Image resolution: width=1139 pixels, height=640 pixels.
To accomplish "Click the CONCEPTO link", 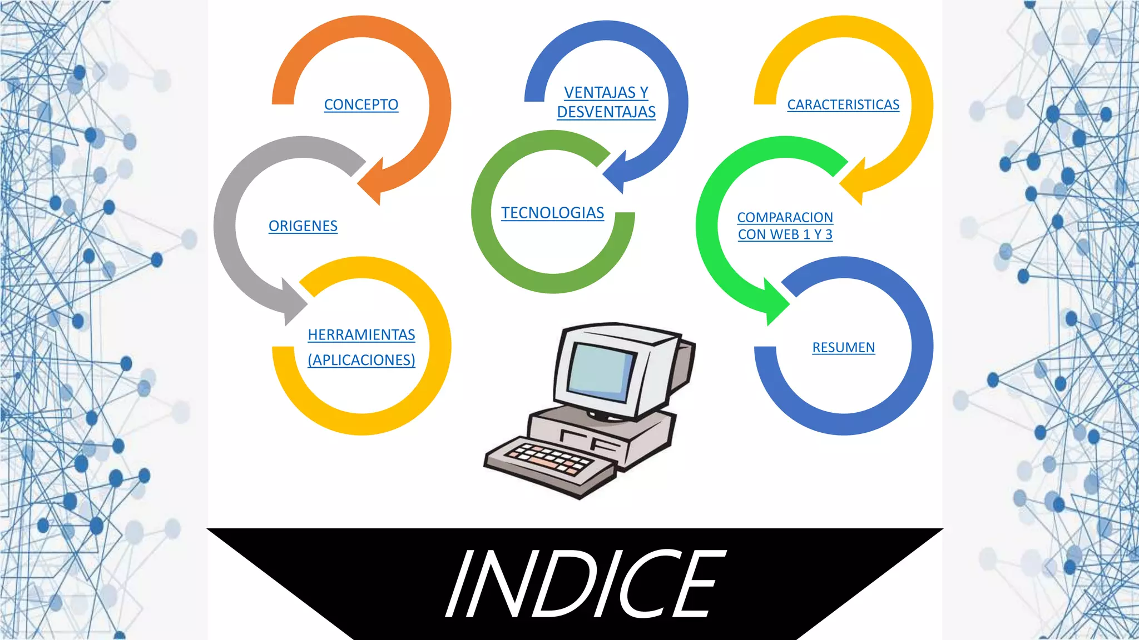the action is pos(361,104).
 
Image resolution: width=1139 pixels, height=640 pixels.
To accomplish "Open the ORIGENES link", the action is pos(303,226).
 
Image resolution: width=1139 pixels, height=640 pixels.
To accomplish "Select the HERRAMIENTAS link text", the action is pos(361,334).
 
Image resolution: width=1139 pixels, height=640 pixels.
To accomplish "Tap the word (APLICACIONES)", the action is pos(361,360).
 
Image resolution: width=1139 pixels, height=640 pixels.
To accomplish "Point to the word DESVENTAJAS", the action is pos(606,112).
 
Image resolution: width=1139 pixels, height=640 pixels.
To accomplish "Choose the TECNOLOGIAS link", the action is pos(552,213).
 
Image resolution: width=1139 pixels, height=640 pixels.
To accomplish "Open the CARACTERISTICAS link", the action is pos(843,104).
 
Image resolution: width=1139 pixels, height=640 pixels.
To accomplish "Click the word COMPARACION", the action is pos(785,217).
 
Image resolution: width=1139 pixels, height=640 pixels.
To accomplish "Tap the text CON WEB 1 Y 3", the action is pos(785,234).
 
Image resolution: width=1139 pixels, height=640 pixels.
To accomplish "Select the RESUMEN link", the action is pos(843,347).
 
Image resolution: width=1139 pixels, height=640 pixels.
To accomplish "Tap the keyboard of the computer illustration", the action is pos(548,459).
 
